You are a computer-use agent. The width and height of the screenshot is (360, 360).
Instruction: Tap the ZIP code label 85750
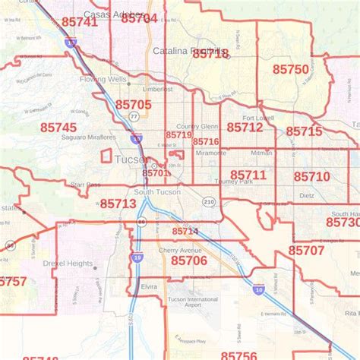coord(291,69)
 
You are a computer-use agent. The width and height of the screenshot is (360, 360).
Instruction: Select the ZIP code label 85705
coord(134,104)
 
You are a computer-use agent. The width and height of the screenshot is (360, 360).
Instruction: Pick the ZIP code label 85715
coord(305,131)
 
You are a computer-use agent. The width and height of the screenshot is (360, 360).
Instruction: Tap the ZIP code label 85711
coord(248,175)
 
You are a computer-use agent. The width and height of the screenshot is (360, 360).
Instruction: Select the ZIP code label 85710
coord(311,176)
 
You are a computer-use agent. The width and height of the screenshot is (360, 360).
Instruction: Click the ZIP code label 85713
coord(118,204)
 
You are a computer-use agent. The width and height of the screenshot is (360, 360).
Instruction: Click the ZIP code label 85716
coord(206,142)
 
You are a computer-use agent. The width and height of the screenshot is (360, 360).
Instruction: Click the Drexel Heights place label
coord(69,264)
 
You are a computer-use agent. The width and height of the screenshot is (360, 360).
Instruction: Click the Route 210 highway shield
coord(209,202)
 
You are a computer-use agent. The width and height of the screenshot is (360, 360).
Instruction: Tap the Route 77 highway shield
coord(134,116)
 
